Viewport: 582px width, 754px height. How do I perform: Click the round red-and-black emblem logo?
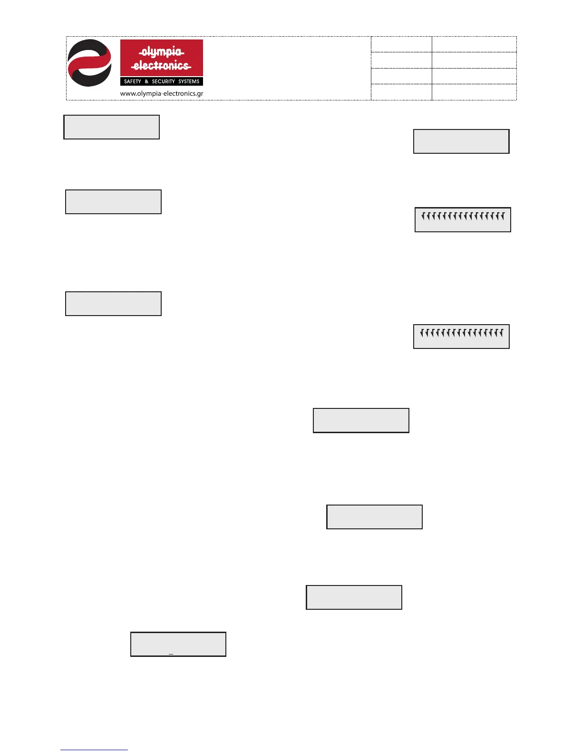89,63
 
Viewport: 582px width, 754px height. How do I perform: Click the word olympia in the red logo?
161,51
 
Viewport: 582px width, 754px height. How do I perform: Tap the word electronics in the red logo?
161,65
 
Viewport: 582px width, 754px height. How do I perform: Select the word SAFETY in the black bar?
132,81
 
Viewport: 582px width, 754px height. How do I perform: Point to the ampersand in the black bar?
146,81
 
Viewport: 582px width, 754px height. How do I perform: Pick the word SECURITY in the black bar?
163,81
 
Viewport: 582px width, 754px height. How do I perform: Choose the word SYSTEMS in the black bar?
189,81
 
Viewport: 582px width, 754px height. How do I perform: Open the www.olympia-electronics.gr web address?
162,93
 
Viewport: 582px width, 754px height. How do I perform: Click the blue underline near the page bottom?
94,750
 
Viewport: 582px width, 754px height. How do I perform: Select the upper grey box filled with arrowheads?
463,220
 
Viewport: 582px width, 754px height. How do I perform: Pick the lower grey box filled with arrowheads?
461,337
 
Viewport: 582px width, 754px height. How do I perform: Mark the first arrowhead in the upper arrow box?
423,217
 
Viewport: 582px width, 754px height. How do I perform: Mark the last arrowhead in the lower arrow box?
501,333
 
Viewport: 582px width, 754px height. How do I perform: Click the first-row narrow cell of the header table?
401,44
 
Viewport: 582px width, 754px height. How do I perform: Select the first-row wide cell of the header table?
474,44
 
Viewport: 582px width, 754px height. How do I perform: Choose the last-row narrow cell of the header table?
401,92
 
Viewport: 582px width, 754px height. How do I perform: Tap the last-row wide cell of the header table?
474,92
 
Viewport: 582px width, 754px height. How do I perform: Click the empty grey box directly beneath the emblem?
111,127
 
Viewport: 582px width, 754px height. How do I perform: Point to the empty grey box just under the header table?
461,141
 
